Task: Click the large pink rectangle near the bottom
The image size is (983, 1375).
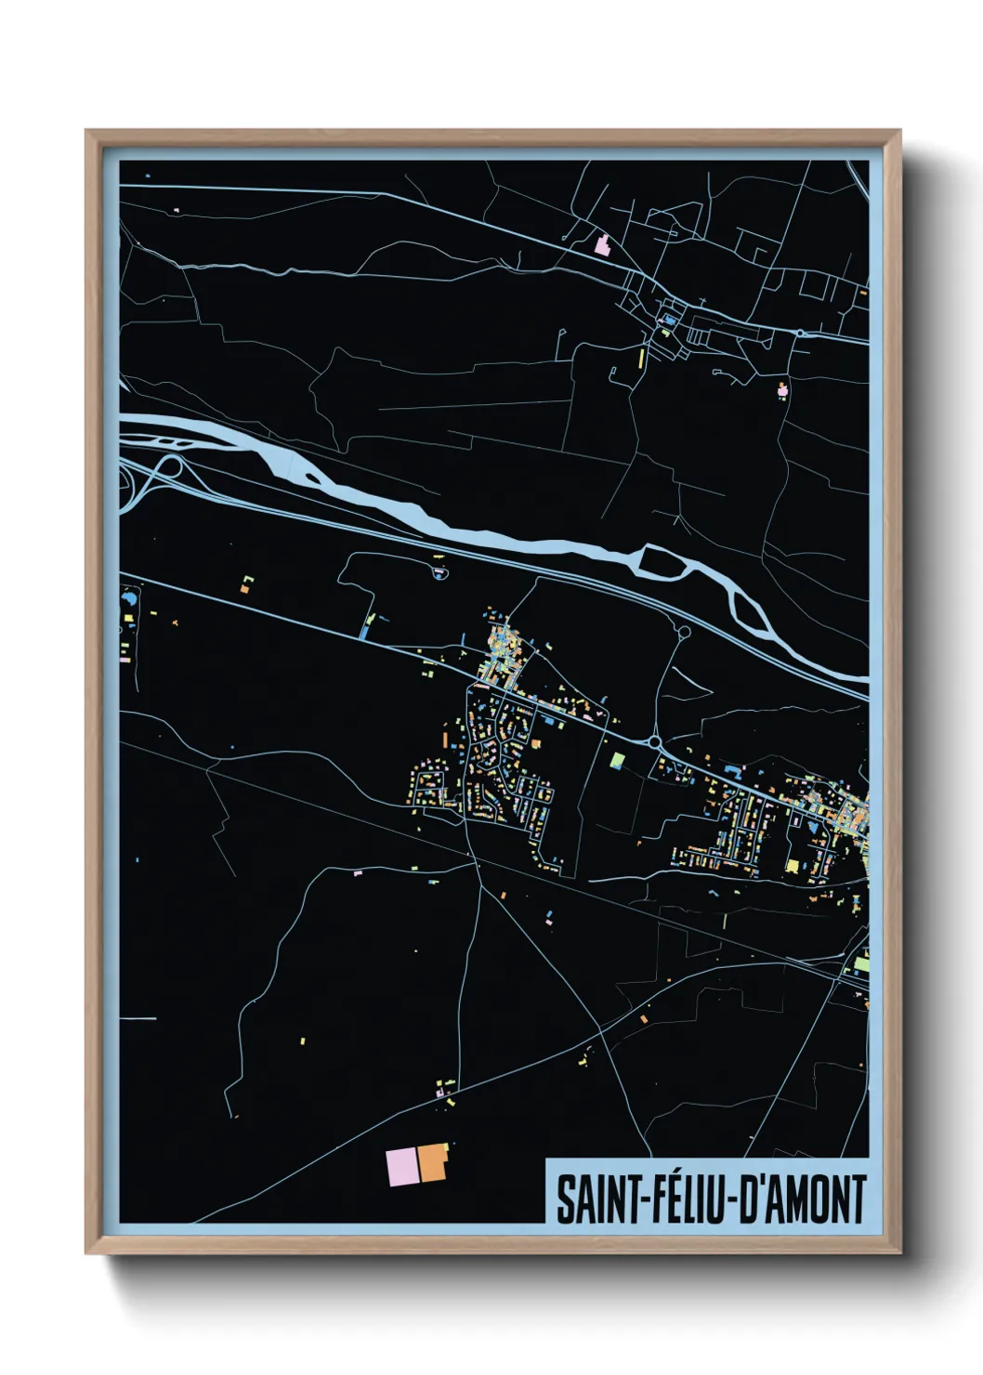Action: coord(401,1166)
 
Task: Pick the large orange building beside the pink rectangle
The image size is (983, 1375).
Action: coord(432,1162)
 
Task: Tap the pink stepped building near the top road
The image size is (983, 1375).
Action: coord(603,246)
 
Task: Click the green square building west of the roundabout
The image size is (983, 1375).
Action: coord(617,759)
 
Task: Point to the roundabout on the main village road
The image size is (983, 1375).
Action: coord(654,742)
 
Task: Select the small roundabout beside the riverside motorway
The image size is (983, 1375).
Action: coord(685,632)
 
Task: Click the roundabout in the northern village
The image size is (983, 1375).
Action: coord(799,332)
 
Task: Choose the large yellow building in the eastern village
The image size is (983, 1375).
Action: coord(792,866)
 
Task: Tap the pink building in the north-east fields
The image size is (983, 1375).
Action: coord(782,389)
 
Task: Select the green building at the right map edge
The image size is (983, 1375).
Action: coord(861,964)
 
